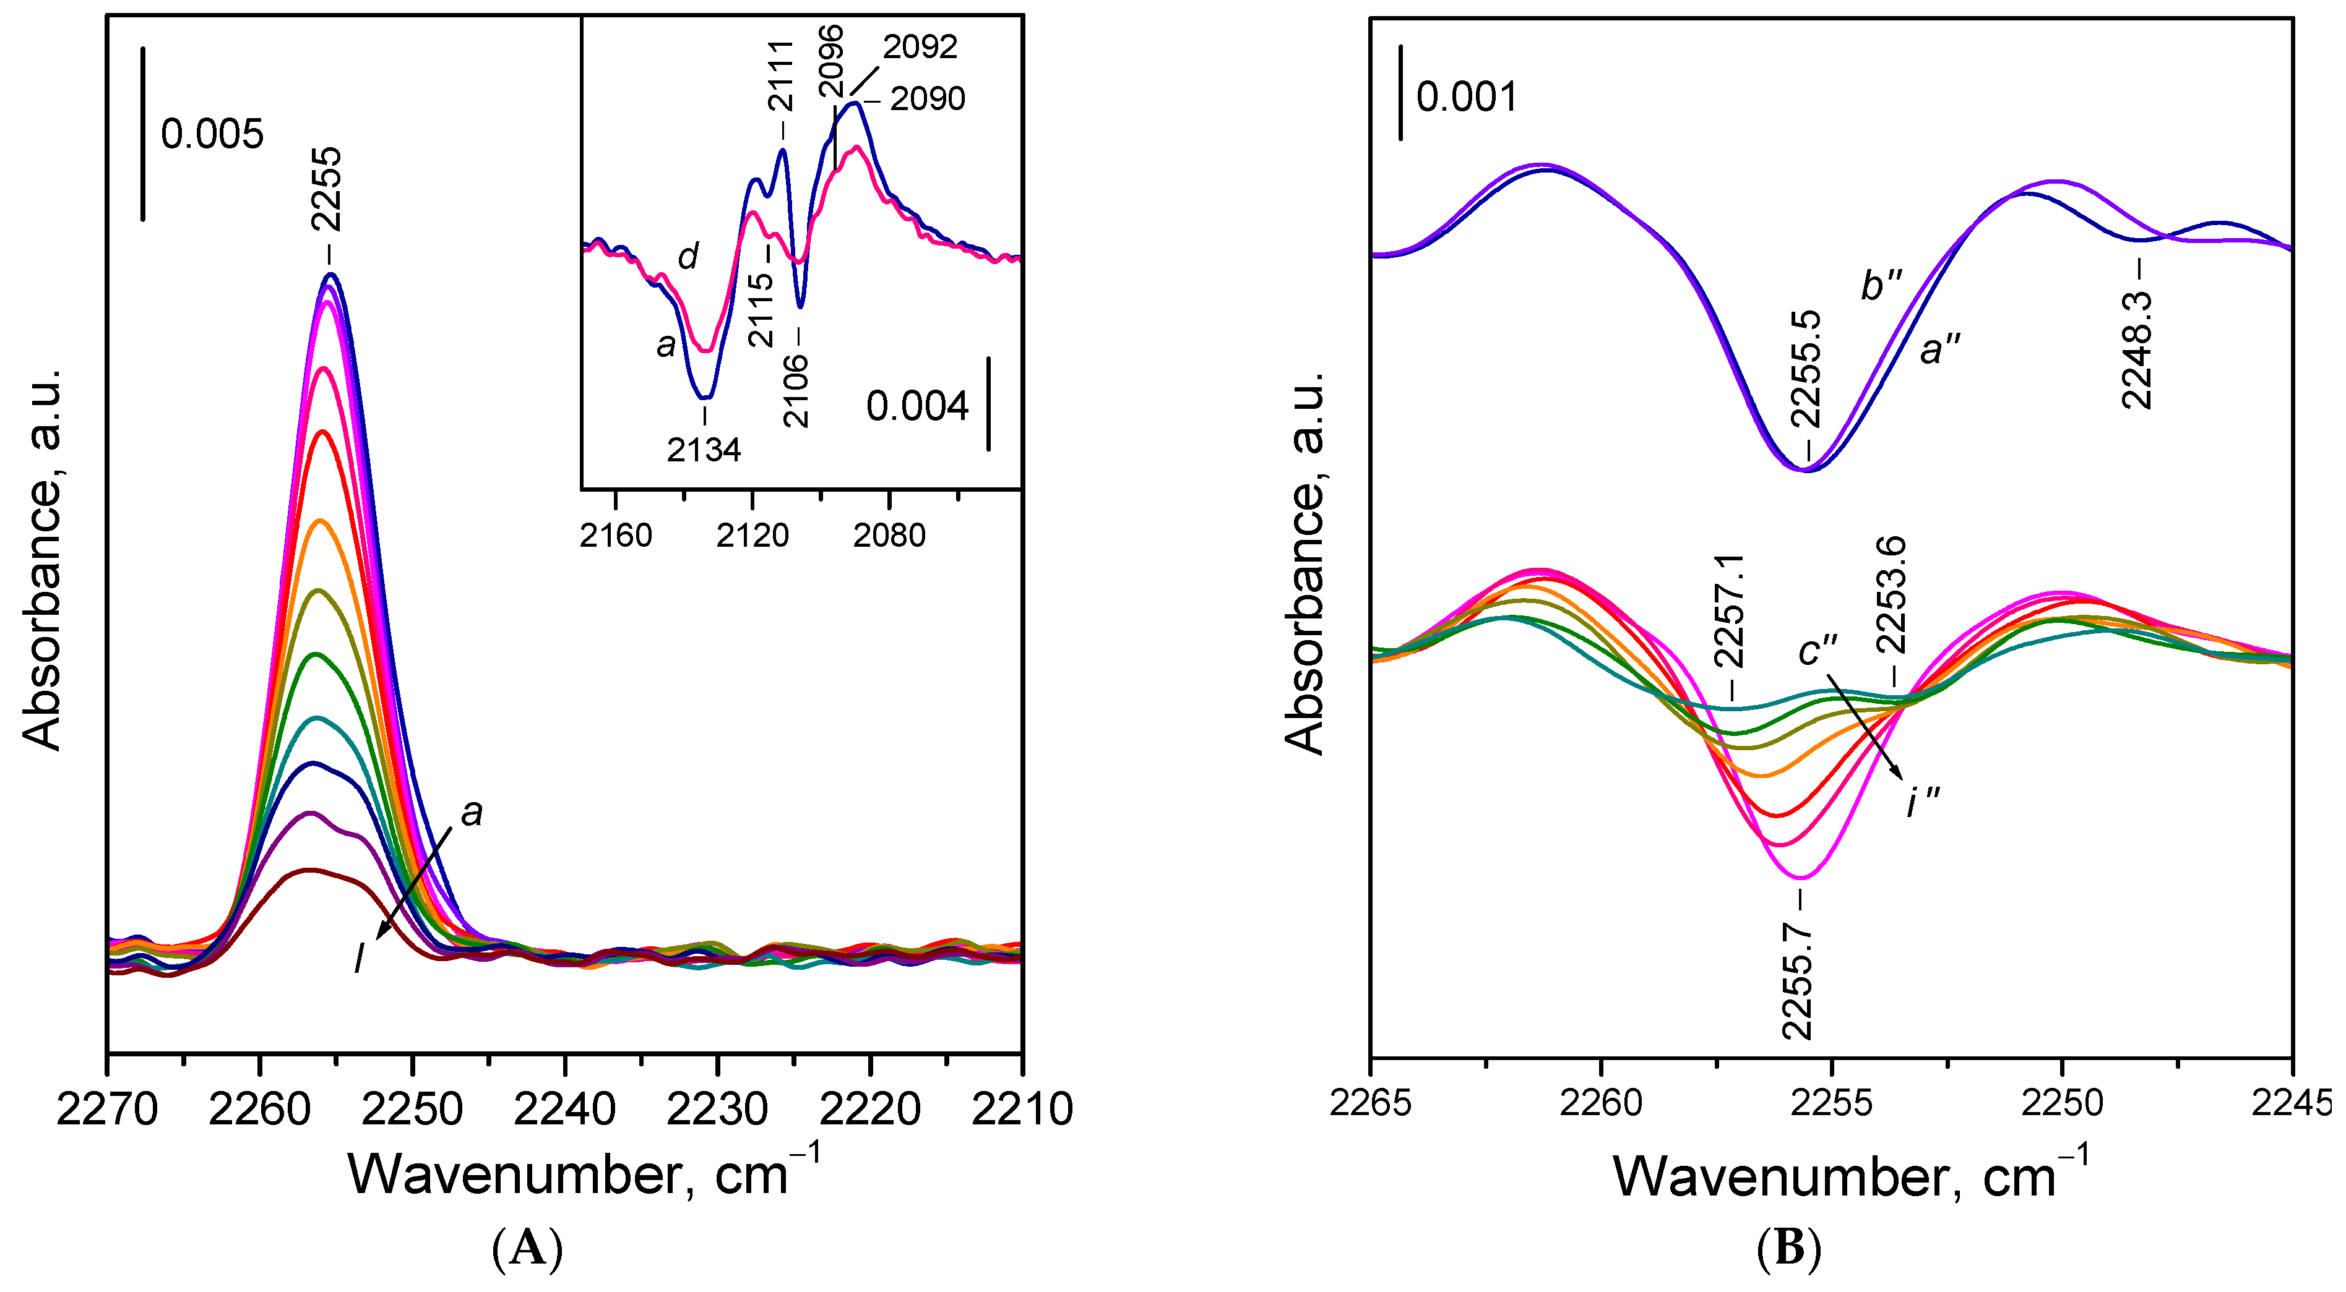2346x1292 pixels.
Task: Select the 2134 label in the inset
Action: [704, 450]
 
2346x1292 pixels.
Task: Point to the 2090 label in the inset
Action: [927, 98]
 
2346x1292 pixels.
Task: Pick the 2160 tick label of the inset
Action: [616, 536]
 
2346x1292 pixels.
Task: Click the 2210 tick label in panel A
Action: [1022, 1109]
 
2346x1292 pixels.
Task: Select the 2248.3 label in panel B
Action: [2137, 349]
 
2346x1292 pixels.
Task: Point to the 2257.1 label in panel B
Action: [1728, 612]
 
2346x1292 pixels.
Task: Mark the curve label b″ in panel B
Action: [1881, 285]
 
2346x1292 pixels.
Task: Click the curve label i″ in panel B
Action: [1923, 802]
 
